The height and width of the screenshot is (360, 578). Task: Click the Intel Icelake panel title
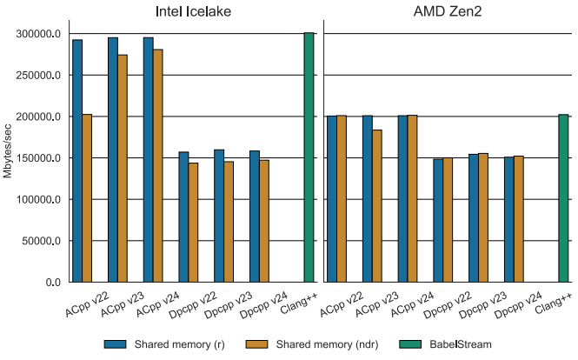pyautogui.click(x=190, y=12)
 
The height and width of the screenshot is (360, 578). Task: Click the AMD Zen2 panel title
pyautogui.click(x=448, y=12)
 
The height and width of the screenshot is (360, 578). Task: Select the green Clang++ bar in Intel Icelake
pyautogui.click(x=309, y=157)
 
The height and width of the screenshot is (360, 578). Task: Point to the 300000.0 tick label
pyautogui.click(x=40, y=34)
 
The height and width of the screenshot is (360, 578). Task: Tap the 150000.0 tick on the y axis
pyautogui.click(x=40, y=158)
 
